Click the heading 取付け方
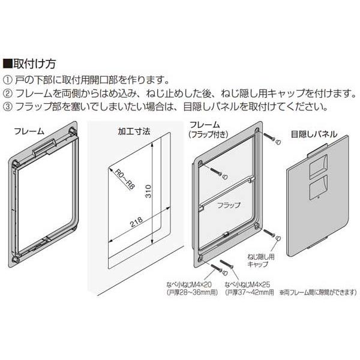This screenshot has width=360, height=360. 34,64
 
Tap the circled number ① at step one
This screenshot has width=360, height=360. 7,80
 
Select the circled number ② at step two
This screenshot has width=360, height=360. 7,94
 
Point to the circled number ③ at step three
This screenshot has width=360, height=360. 7,107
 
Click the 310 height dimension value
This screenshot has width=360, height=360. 149,191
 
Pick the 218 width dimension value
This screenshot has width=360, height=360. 137,222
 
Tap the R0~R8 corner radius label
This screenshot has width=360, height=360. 124,179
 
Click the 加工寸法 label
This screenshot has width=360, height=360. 134,131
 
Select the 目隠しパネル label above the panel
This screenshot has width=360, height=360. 314,134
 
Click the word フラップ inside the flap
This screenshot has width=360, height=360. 229,205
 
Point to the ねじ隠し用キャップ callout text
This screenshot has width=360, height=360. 260,260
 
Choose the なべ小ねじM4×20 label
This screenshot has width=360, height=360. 189,284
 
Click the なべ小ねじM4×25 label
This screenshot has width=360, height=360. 247,284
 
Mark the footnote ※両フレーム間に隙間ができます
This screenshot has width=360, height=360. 318,293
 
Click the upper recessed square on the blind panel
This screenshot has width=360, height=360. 319,166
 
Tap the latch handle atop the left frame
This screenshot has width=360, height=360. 45,147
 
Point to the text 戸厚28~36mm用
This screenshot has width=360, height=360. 192,293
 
